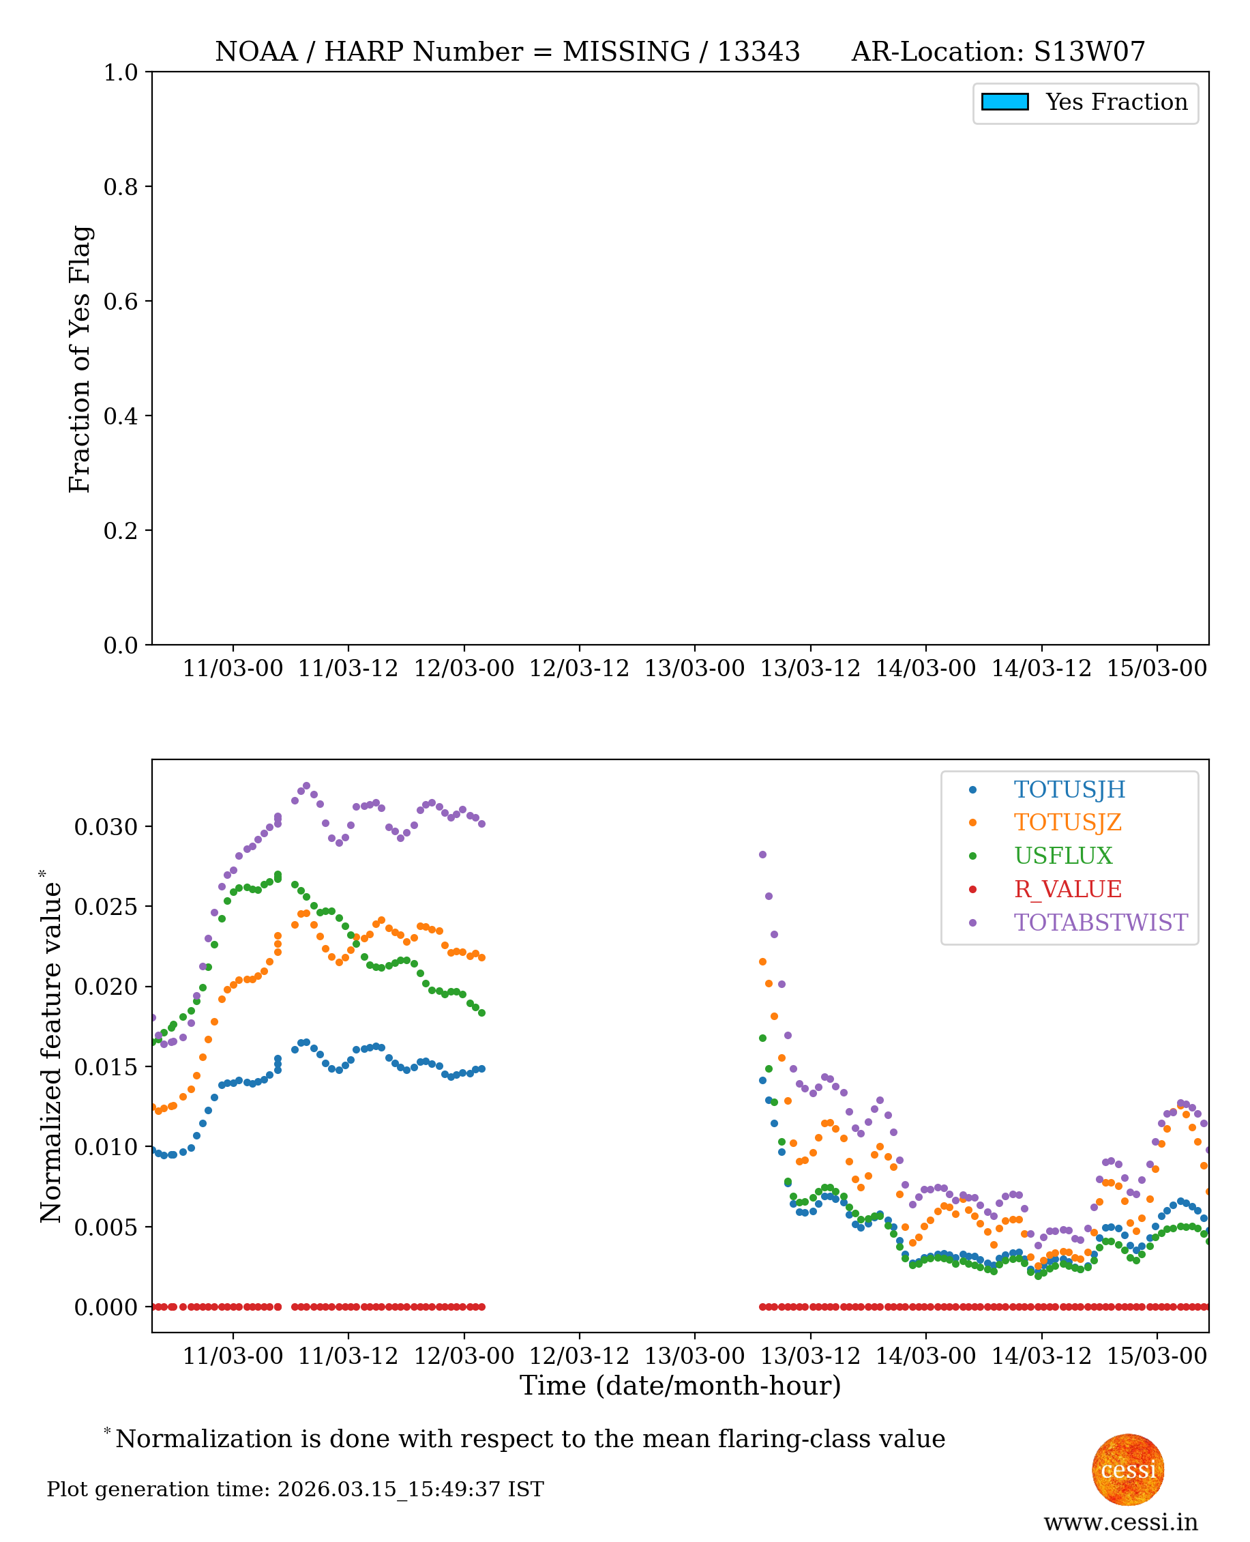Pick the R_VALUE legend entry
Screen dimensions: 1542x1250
coord(1067,890)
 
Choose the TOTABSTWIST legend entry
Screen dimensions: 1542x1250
coord(1100,922)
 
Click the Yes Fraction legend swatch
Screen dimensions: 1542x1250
coord(1005,102)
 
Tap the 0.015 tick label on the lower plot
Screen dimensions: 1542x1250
coord(106,1066)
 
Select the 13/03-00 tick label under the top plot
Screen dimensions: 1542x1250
coord(694,669)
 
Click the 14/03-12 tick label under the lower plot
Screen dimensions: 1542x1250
coord(1041,1356)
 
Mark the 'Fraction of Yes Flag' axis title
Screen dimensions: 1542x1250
coord(80,359)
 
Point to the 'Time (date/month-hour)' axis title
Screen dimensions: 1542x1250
coord(681,1386)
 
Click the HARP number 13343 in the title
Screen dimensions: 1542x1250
coord(758,52)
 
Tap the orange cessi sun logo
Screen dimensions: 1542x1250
coord(1128,1470)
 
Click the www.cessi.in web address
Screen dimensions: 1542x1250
coord(1120,1522)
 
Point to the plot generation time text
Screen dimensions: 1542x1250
coord(295,1489)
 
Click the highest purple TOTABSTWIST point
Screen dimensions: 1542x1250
coord(307,786)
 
